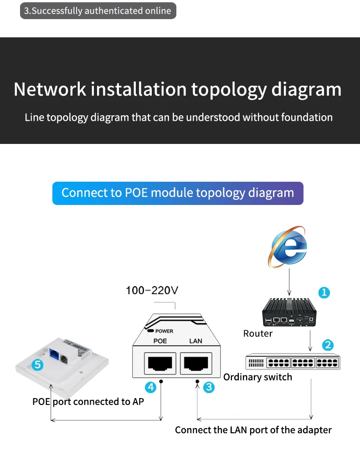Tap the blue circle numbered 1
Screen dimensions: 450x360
click(324, 292)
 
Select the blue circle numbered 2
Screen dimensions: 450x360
click(328, 345)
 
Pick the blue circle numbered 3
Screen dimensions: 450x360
click(209, 387)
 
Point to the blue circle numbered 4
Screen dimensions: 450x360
click(150, 387)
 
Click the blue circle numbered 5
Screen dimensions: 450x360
click(38, 364)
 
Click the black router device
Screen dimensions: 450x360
click(289, 312)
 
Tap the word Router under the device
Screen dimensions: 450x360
click(258, 333)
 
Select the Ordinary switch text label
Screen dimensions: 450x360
click(257, 377)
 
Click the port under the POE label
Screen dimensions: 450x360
click(160, 363)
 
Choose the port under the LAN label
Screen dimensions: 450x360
click(195, 363)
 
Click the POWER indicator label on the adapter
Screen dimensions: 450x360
click(164, 331)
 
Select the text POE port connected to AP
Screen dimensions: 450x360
click(88, 401)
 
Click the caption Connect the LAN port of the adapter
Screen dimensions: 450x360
click(253, 430)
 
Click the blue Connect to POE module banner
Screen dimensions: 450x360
click(178, 193)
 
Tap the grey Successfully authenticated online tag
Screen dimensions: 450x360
click(98, 10)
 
